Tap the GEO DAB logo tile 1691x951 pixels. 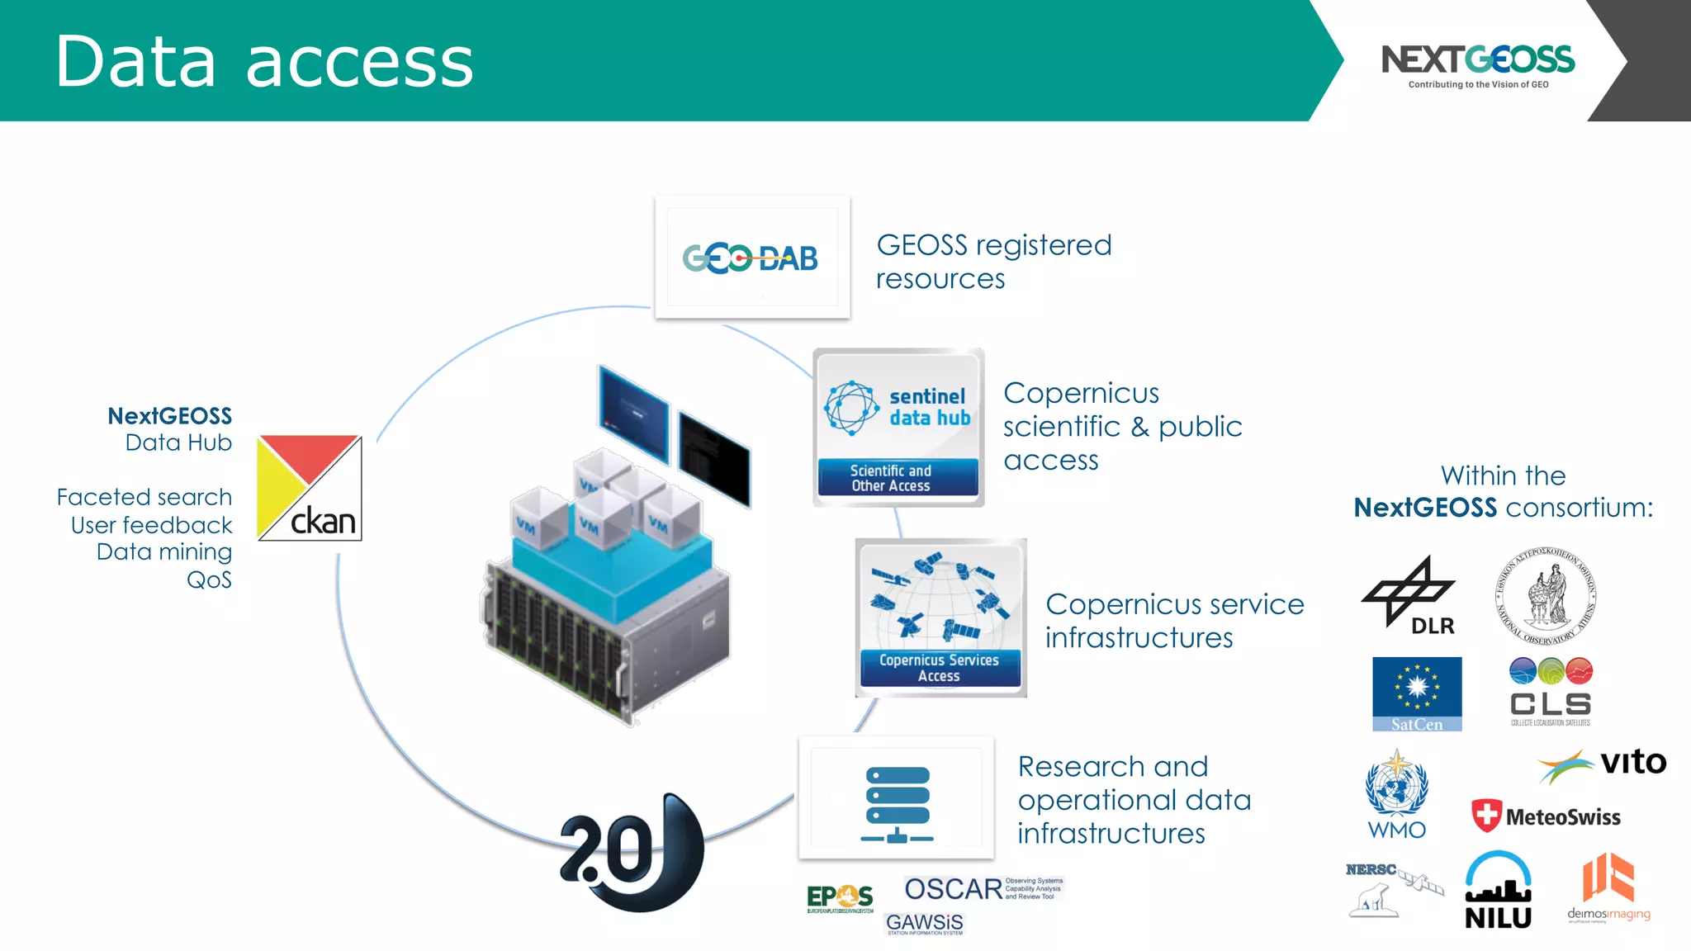coord(751,258)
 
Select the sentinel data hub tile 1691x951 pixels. coord(898,428)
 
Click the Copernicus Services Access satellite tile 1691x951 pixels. coord(940,617)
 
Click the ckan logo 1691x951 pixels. coord(310,488)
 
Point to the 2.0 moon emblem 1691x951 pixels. coord(632,852)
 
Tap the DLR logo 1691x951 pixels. coord(1410,595)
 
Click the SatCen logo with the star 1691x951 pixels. coord(1417,693)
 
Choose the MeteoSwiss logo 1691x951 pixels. coord(1546,816)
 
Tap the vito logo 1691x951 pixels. coord(1602,764)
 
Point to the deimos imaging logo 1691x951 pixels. coord(1608,888)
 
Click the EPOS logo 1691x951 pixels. coord(840,898)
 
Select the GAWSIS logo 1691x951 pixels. coord(924,923)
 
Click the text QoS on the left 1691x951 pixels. coord(209,580)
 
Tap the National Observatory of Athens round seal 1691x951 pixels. coord(1546,595)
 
